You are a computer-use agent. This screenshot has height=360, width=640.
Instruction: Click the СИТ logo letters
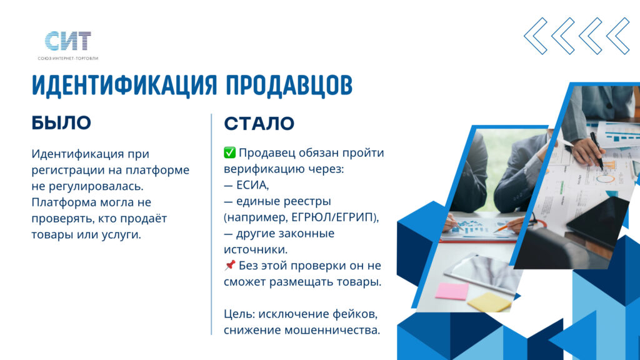coord(67,41)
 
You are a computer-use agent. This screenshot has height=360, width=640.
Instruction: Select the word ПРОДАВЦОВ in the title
coord(289,86)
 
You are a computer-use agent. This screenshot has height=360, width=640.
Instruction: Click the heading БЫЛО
coord(61,123)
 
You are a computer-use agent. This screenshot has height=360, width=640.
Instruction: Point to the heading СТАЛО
coord(259,123)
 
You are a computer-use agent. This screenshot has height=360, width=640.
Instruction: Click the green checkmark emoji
coord(229,152)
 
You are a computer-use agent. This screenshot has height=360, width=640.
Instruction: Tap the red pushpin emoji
coord(229,265)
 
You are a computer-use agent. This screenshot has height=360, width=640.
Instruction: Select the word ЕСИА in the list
coord(252,185)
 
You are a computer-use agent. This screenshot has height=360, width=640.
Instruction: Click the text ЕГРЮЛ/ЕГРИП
coord(332,217)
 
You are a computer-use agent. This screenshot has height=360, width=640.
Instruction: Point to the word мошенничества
coord(332,330)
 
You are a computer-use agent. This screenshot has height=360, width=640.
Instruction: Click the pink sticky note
coord(452,291)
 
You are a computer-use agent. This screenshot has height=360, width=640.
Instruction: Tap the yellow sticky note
coord(489,302)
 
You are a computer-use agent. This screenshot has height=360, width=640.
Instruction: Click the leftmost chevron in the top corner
coord(536,36)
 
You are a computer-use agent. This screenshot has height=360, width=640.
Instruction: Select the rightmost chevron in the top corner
coord(618,36)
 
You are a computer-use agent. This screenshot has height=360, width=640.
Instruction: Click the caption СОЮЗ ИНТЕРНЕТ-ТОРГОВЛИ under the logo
coord(67,58)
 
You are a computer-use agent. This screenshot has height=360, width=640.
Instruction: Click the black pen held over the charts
coord(596,149)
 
